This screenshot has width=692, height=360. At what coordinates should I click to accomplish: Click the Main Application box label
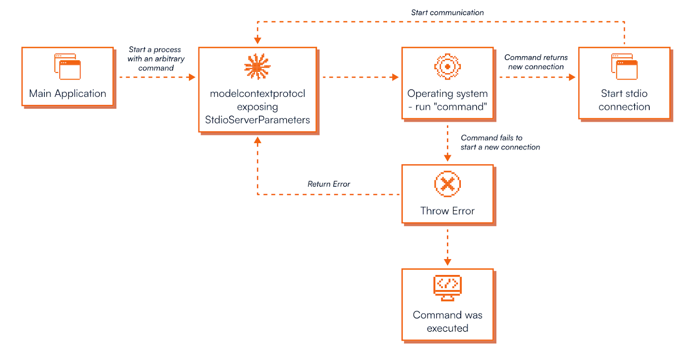68,94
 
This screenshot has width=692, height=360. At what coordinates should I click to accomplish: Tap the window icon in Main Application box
68,67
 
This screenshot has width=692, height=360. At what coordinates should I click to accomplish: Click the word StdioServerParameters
257,120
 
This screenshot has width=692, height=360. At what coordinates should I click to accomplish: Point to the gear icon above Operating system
447,67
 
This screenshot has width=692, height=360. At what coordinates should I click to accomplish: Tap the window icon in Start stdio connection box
624,67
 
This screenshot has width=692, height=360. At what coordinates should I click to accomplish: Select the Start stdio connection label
624,100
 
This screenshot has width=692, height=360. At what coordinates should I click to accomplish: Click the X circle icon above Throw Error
447,184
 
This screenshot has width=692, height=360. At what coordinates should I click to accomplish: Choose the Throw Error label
447,211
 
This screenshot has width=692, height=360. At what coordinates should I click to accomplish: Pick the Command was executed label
447,321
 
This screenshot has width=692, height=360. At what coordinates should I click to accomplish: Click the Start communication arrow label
447,13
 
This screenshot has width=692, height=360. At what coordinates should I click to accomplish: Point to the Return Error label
329,184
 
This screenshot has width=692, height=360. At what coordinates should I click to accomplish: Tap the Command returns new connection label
536,62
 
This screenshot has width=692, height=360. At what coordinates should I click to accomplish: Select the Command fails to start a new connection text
500,142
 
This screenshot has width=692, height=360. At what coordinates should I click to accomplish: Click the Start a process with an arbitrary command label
156,59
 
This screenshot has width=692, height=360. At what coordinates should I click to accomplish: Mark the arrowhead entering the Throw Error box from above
447,158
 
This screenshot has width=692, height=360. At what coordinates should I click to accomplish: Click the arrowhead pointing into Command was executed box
447,262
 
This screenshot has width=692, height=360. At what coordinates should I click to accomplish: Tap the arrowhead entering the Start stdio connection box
572,77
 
